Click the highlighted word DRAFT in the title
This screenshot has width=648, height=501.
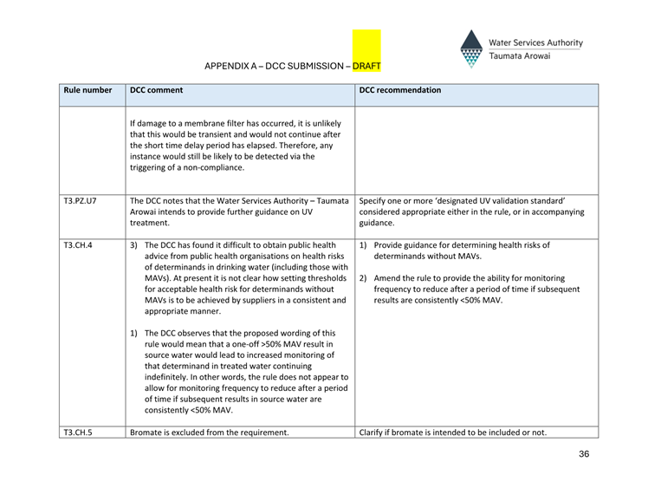366,66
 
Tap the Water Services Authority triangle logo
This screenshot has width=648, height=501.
471,49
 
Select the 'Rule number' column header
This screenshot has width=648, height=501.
87,90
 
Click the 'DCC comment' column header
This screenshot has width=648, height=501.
156,90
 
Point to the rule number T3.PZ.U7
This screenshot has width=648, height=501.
80,200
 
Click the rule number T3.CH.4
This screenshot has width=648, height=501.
78,245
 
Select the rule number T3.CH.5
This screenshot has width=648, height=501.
78,433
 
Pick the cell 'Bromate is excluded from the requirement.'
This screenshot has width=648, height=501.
209,433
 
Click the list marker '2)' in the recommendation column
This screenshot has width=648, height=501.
364,278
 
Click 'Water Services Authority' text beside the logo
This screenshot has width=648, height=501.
535,42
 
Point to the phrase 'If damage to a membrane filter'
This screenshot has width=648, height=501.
192,123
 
